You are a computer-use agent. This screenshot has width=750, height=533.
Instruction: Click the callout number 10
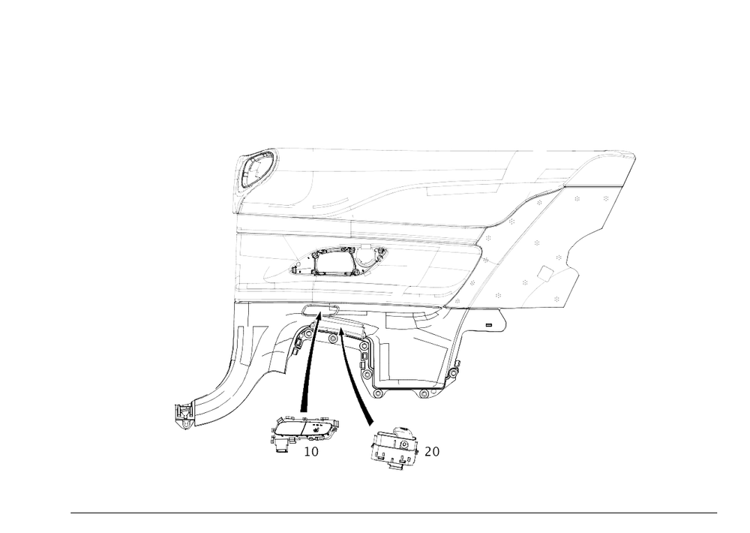310,451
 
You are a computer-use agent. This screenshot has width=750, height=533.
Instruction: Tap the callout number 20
433,451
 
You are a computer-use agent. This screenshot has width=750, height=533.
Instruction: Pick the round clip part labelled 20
395,447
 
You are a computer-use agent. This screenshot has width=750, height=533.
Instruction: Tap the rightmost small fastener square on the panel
605,198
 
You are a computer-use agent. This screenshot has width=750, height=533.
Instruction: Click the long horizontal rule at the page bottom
394,513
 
